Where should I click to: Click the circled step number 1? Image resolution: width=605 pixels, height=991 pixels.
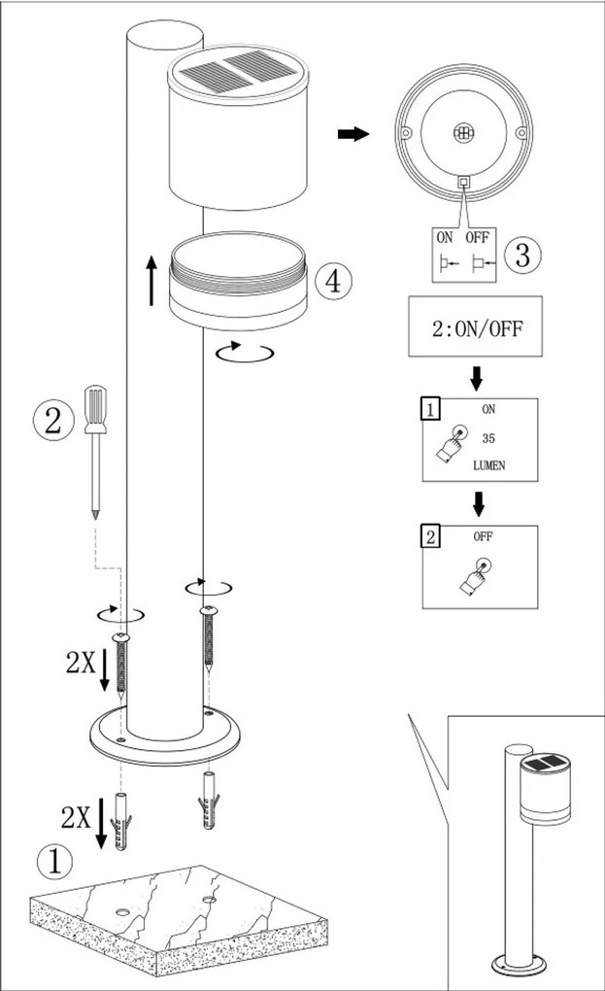[x=54, y=861]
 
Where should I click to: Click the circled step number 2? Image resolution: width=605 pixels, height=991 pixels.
[x=51, y=421]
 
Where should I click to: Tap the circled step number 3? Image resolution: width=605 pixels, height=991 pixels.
[x=521, y=256]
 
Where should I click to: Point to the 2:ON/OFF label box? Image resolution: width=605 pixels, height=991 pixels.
[x=476, y=327]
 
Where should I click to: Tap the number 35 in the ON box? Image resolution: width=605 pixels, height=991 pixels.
[x=488, y=438]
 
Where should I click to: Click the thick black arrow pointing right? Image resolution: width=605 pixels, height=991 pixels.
[x=353, y=134]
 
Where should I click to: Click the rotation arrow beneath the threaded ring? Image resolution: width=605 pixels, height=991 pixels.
[x=245, y=352]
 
